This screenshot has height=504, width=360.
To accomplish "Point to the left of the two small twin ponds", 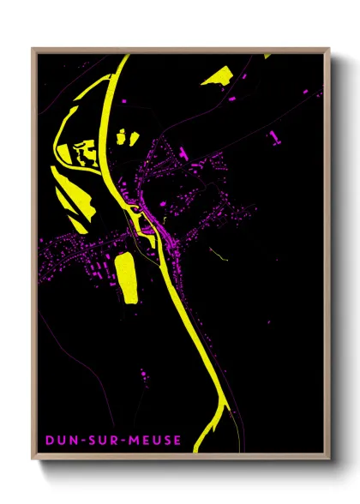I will pyautogui.click(x=121, y=135).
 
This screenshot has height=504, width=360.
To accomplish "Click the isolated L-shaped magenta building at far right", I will pyautogui.click(x=273, y=135).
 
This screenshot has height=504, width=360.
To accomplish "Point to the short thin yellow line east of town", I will pyautogui.click(x=219, y=254).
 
